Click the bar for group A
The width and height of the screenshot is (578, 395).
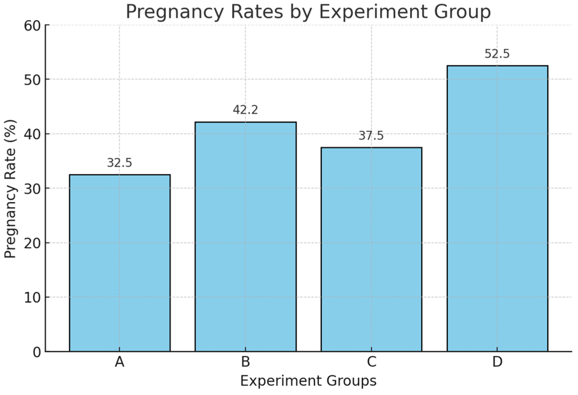point(120,263)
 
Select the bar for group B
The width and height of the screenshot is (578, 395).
point(246,237)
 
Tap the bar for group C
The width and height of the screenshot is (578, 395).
point(371,249)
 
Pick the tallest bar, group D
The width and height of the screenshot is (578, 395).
point(497,209)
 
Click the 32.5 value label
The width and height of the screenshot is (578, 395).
point(120,163)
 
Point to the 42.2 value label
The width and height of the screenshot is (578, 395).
point(245,110)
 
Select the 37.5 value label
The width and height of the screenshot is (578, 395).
point(371,136)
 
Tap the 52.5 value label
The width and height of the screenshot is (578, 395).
point(497,54)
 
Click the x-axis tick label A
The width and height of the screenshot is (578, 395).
point(120,362)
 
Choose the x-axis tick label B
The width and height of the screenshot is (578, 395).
point(246,362)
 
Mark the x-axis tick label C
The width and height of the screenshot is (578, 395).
point(371,362)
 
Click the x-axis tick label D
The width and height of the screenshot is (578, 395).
point(497,362)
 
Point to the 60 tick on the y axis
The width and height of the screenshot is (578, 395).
point(32,26)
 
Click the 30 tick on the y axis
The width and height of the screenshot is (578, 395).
point(32,189)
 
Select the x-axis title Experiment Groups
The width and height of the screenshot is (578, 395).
point(308,381)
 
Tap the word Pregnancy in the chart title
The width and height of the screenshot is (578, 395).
point(175,12)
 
